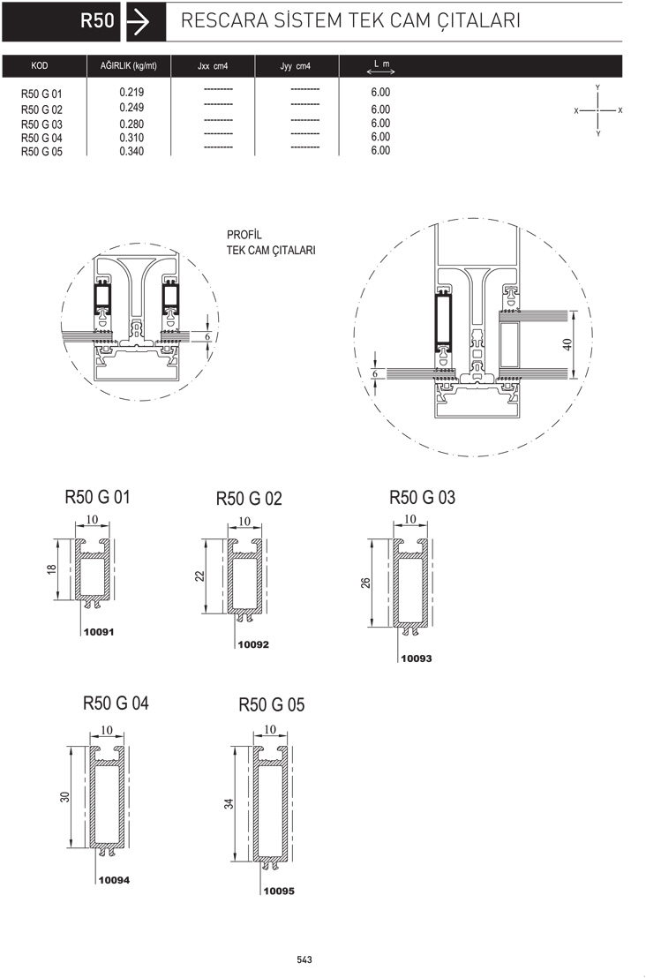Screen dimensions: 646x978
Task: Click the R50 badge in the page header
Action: click(97, 20)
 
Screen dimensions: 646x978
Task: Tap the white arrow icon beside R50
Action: click(138, 22)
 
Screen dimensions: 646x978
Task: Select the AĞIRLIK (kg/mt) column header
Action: click(129, 65)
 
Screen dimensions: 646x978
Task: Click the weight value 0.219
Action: click(131, 93)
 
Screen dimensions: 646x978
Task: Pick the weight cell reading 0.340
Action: click(131, 151)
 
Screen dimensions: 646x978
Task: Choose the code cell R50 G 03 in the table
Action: click(41, 124)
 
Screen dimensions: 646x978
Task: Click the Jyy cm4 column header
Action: click(295, 66)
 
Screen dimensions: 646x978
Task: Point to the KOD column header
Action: click(40, 65)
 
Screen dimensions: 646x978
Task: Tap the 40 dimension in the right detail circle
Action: click(567, 344)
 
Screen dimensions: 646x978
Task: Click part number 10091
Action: click(99, 632)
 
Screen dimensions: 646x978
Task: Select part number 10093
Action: click(416, 658)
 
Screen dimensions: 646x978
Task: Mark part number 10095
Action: click(279, 891)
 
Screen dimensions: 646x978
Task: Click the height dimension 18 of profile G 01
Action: click(52, 569)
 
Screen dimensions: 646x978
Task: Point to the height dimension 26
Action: click(365, 583)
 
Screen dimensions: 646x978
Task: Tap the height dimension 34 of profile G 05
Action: click(229, 804)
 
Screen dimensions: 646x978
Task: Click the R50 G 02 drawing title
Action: click(249, 499)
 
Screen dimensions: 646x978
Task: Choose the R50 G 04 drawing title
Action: click(116, 703)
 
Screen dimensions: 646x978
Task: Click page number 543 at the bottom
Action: click(304, 959)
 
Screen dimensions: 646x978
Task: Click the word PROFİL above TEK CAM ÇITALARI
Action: click(244, 235)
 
